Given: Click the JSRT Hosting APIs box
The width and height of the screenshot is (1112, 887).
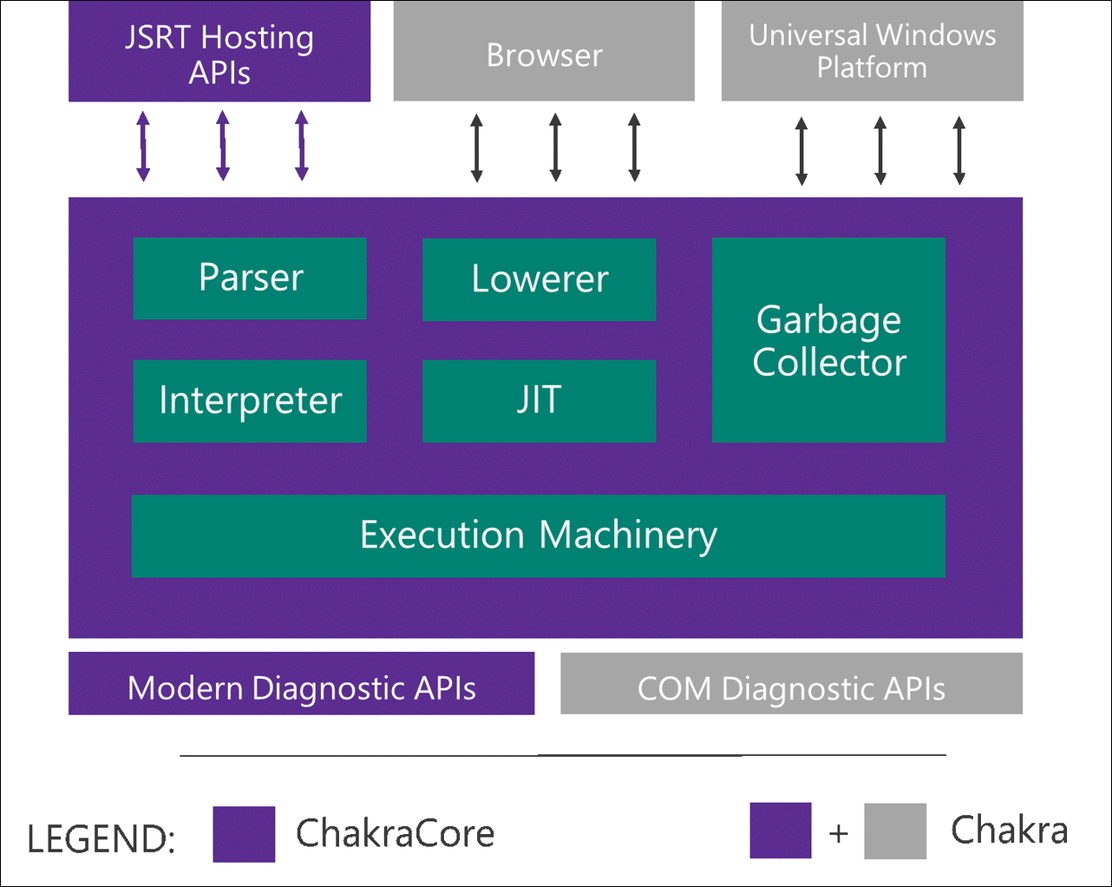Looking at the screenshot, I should tap(219, 52).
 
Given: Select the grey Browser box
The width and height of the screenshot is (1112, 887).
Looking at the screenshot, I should tap(544, 52).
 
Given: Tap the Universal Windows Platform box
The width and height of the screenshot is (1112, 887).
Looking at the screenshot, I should tap(872, 52).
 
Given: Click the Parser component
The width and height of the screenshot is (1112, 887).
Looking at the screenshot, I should tap(250, 279).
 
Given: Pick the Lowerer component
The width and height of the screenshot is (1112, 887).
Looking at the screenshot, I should tap(539, 279).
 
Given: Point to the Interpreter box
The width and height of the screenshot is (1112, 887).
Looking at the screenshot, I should tap(250, 401).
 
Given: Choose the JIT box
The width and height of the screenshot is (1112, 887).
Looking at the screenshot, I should tap(539, 401).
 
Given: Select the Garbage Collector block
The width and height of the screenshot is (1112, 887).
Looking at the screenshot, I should tap(828, 340).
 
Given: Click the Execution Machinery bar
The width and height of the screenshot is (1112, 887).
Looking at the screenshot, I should tap(538, 535).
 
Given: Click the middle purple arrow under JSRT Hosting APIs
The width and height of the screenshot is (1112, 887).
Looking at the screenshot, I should tap(223, 146).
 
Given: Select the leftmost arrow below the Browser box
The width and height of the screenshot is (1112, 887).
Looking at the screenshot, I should tap(476, 148).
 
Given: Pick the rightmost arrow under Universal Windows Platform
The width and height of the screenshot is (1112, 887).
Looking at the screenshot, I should tap(958, 151).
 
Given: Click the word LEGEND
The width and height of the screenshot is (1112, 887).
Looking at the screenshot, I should tap(101, 838).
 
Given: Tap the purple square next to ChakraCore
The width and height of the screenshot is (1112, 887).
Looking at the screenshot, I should tap(244, 834).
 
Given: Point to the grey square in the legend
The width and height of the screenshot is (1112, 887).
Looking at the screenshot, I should tap(895, 831).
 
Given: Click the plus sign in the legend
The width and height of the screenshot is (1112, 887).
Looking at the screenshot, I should tap(838, 833).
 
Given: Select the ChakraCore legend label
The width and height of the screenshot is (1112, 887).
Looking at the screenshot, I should tap(395, 833).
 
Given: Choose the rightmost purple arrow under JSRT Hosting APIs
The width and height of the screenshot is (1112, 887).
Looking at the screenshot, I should tap(302, 146).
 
